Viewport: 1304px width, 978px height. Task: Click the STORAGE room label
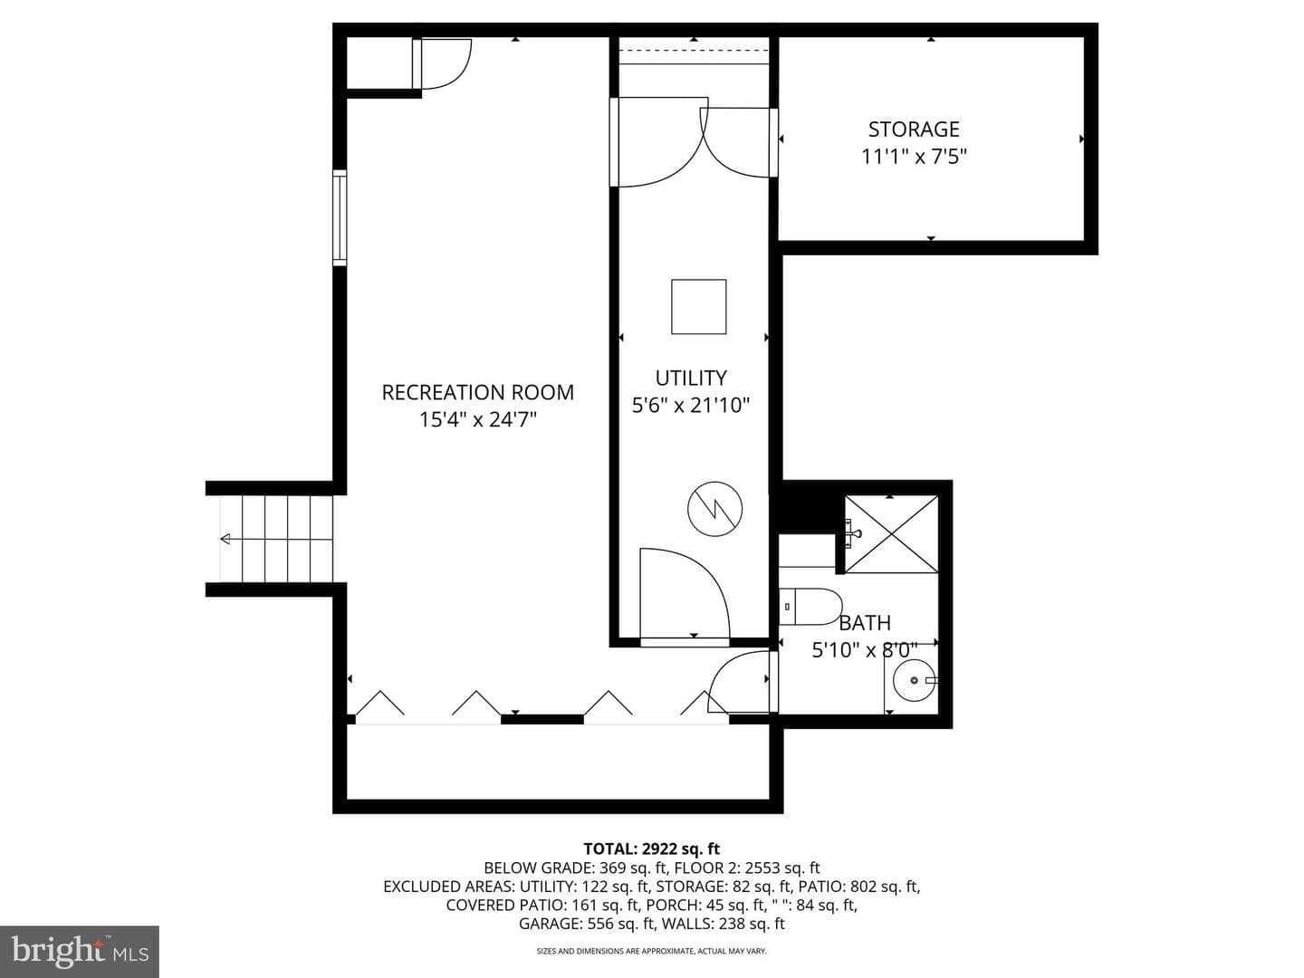pos(914,129)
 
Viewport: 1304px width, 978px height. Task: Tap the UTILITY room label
pos(691,379)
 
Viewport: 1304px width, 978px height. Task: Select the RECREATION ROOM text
pos(477,392)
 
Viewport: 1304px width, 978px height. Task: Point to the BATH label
pos(865,623)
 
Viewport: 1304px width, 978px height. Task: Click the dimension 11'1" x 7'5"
pos(915,157)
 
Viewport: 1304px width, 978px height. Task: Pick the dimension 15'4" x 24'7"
pos(478,420)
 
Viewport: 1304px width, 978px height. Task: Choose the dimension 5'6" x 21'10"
pos(691,406)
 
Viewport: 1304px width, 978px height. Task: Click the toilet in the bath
pos(810,607)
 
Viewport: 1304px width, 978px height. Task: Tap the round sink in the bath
pos(915,680)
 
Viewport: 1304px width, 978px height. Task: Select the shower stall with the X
pos(892,534)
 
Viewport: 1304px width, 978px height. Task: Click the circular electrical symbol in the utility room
pos(714,509)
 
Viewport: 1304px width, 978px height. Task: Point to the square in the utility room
pos(698,307)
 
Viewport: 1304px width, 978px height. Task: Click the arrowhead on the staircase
pos(225,539)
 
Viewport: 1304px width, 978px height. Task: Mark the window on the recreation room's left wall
pos(340,218)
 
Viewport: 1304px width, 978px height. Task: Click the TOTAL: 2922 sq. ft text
pos(652,849)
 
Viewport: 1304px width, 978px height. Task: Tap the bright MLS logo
pos(80,952)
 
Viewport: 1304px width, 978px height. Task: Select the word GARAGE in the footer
pos(550,924)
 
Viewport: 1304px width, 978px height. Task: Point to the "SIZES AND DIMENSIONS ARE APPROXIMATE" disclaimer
pos(652,951)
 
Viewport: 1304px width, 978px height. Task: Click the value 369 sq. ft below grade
pos(633,868)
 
